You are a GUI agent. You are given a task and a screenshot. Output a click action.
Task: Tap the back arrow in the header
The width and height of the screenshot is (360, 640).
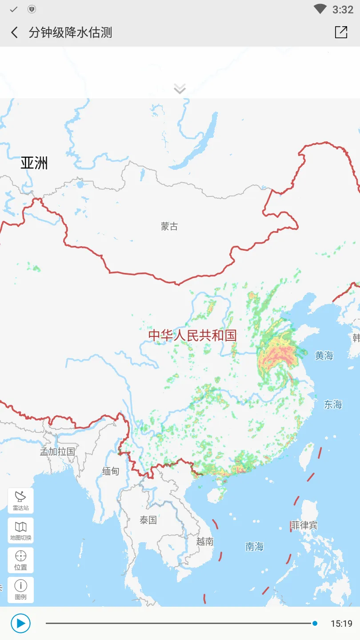[x=15, y=32]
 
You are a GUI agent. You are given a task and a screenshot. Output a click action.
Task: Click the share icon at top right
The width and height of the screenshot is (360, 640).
[x=341, y=32]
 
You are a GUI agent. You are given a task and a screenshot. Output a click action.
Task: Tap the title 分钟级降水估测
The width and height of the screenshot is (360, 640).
[x=70, y=32]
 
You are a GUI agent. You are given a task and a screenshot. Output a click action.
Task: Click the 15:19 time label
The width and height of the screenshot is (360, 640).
[x=341, y=624]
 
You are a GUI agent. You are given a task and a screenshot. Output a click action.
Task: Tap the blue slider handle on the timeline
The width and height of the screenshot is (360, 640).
[x=315, y=624]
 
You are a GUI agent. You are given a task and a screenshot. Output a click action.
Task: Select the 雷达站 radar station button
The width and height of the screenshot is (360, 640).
[x=20, y=500]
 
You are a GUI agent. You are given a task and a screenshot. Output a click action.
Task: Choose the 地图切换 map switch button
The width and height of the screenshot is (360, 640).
[x=20, y=530]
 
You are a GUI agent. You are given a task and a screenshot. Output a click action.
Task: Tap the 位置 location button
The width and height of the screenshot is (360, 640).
[x=20, y=560]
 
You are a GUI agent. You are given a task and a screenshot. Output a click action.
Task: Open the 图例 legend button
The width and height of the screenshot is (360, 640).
[x=20, y=590]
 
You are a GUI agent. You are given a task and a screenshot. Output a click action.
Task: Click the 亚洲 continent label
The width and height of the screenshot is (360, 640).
[x=34, y=163]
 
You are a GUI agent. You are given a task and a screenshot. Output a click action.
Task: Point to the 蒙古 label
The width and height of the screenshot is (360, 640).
[x=169, y=226]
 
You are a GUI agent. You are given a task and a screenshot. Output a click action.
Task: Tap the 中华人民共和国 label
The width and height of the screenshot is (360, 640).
[x=192, y=336]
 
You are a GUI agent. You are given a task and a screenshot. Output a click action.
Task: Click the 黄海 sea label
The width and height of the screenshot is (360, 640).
[x=324, y=355]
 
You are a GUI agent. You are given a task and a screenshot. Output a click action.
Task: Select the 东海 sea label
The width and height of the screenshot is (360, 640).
[x=333, y=404]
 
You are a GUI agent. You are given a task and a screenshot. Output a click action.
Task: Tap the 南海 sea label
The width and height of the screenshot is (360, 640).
[x=255, y=547]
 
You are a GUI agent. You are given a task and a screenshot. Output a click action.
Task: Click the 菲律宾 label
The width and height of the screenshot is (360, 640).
[x=304, y=525]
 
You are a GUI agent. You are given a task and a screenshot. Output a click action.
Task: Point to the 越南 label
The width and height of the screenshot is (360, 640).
[x=205, y=541]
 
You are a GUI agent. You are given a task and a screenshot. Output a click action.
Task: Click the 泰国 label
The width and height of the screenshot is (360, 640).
[x=148, y=520]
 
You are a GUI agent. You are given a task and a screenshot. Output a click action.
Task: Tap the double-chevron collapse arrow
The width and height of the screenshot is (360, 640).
[x=180, y=89]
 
